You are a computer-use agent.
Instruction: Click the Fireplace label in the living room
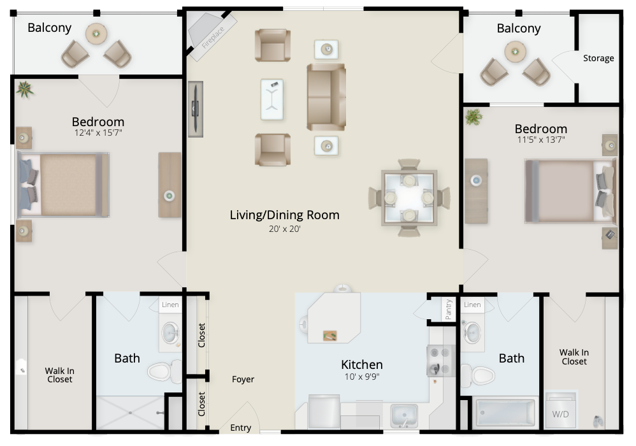point(213,38)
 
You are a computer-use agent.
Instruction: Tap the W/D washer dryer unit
point(560,410)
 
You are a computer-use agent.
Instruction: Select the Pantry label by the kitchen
point(448,310)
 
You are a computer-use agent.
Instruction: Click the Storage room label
point(598,58)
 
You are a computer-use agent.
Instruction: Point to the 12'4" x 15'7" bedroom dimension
point(98,133)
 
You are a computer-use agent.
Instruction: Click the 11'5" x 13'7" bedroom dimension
point(541,140)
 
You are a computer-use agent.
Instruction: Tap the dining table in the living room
point(409,198)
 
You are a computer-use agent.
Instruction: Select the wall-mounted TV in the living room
point(196,109)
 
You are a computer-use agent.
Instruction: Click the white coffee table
point(271,99)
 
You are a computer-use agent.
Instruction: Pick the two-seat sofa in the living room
point(326,97)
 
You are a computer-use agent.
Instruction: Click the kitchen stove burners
point(440,361)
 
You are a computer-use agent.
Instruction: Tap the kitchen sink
point(403,415)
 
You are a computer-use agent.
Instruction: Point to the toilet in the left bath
point(164,371)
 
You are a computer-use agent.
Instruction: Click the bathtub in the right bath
point(505,412)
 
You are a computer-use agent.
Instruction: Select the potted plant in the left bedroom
point(24,89)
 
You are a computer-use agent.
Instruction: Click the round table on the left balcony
point(96,34)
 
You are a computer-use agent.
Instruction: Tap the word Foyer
point(243,380)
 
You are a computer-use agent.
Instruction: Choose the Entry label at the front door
point(240,428)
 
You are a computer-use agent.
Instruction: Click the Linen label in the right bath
point(472,305)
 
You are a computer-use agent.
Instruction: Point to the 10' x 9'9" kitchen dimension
point(362,377)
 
